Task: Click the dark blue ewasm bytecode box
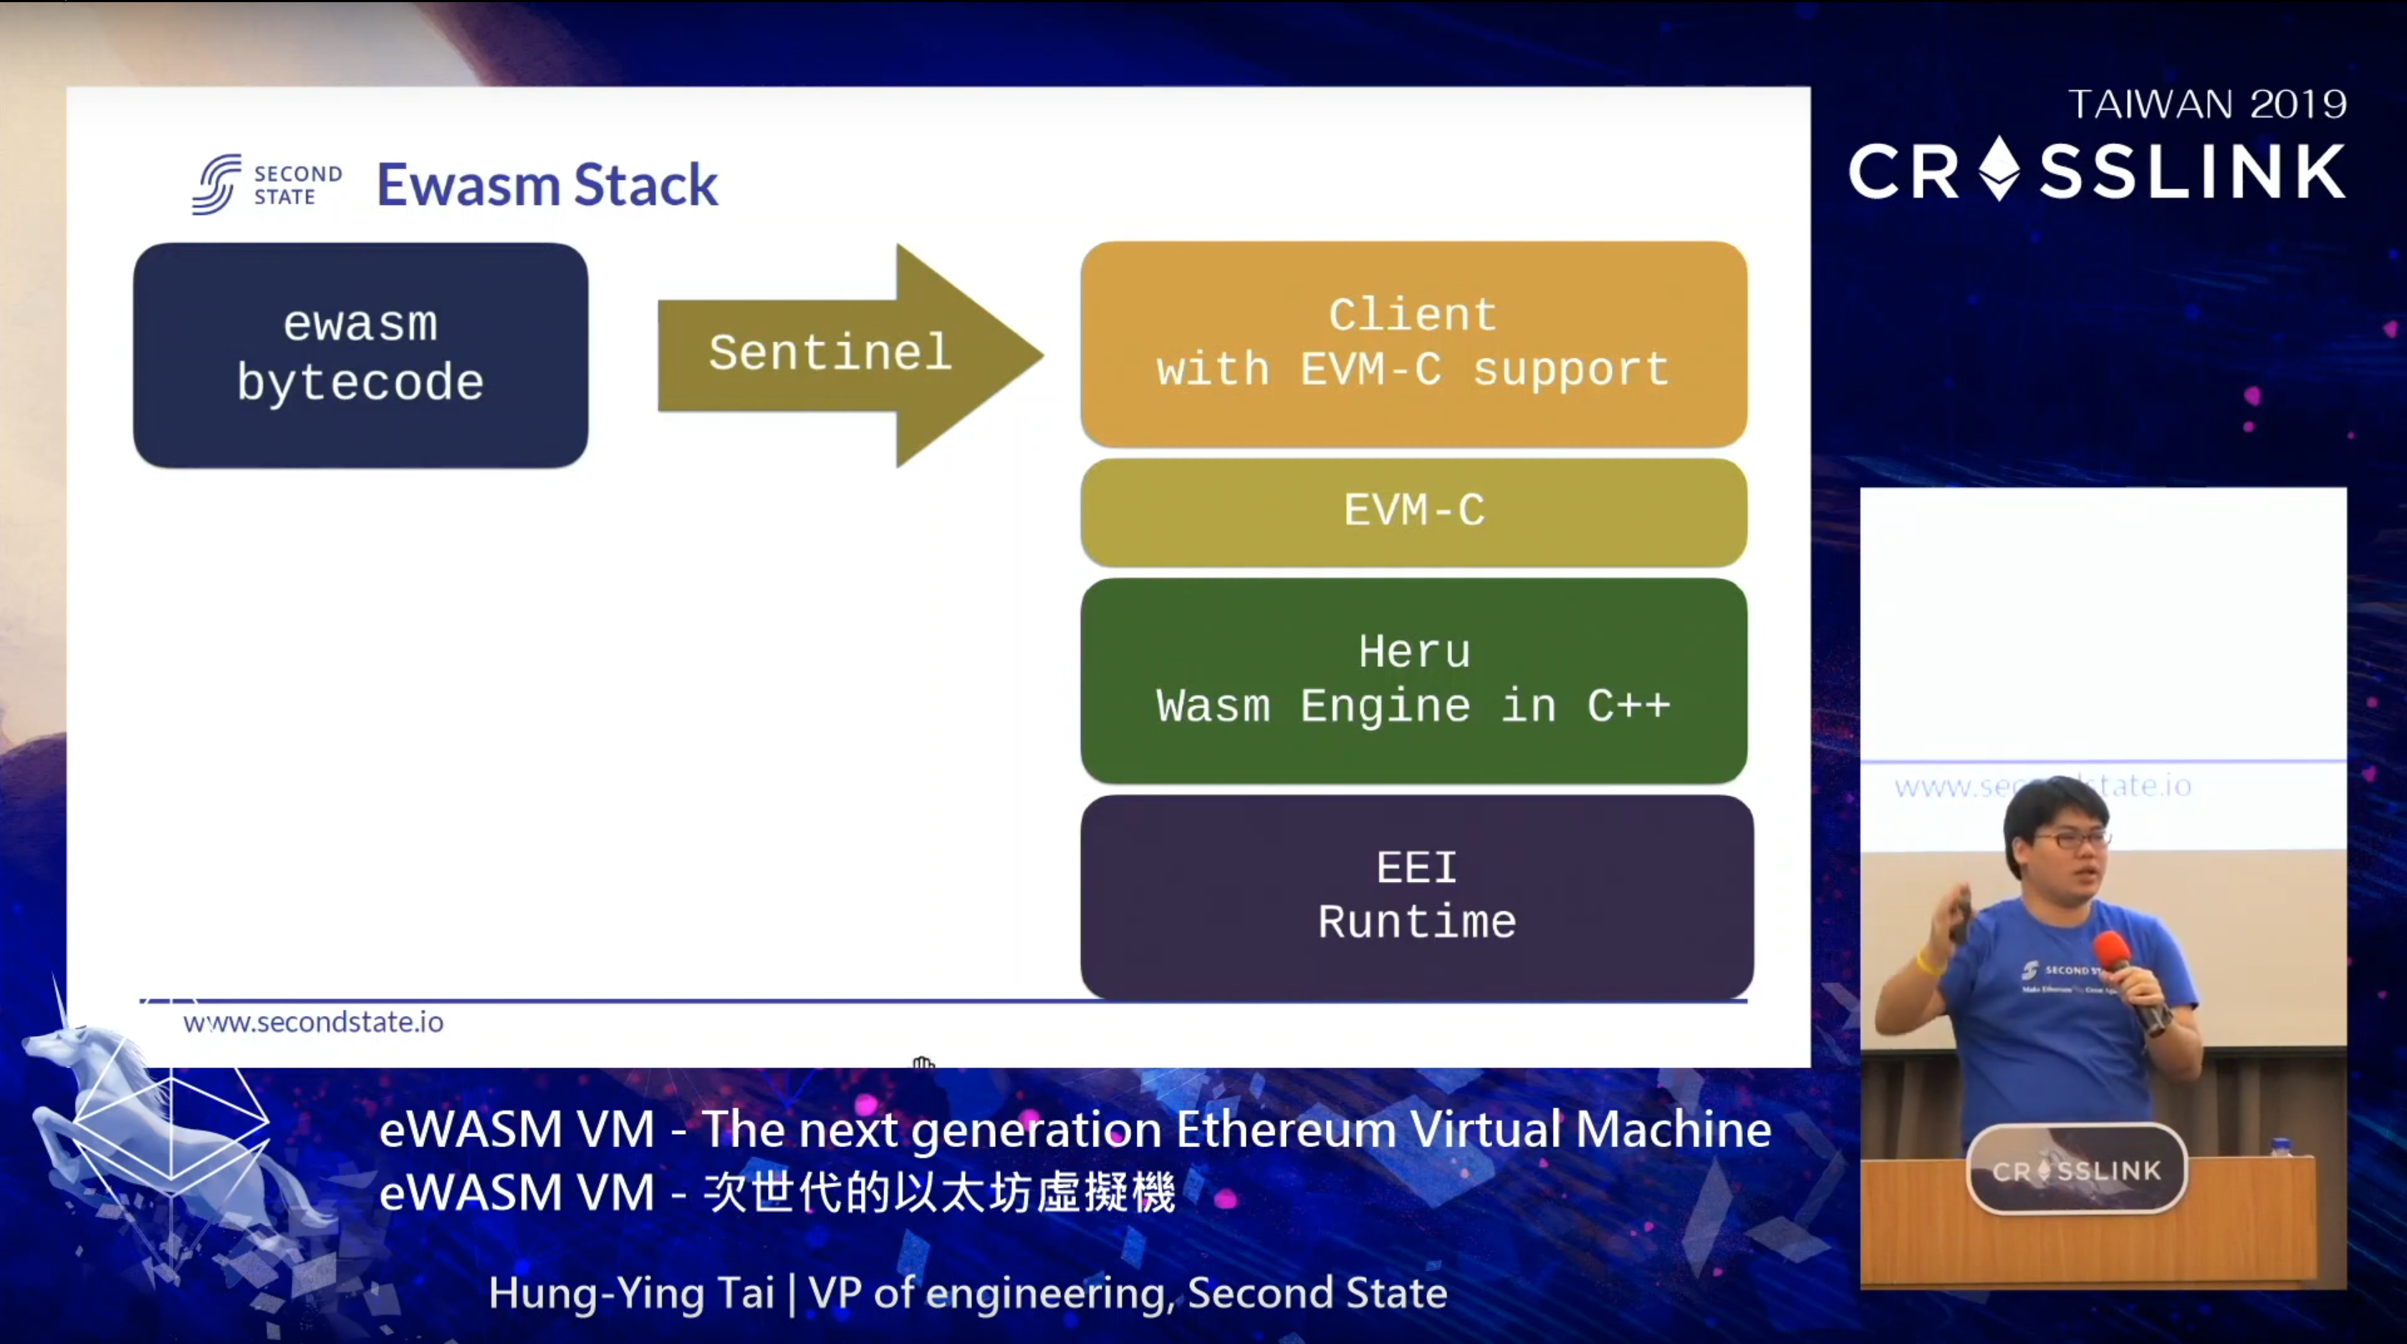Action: tap(360, 355)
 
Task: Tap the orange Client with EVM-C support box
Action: tap(1413, 343)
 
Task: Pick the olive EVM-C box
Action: tap(1413, 512)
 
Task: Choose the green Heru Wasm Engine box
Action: tap(1413, 679)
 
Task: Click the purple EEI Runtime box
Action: tap(1416, 896)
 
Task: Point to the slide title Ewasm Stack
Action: tap(547, 184)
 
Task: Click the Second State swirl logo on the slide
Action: tap(218, 184)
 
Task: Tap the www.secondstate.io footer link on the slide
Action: tap(313, 1022)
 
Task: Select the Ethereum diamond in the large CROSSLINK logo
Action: tap(1999, 169)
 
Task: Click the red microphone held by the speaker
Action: tap(2113, 954)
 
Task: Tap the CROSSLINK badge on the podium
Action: tap(2076, 1170)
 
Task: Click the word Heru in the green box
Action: tap(1413, 651)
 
